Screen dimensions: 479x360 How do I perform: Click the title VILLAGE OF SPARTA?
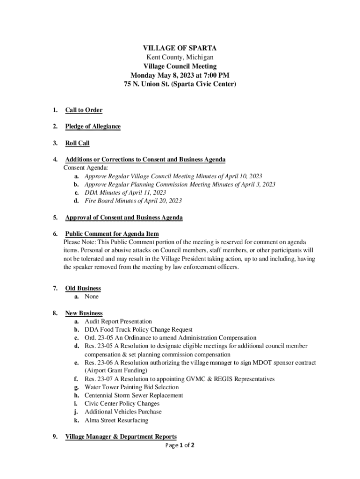(x=180, y=48)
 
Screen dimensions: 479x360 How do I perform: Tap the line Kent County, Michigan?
(x=180, y=57)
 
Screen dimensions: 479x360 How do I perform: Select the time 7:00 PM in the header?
(x=217, y=75)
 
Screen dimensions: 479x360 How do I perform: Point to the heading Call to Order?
(x=84, y=110)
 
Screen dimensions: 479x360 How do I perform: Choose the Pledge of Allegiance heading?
(x=93, y=127)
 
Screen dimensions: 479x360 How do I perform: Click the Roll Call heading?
(x=77, y=143)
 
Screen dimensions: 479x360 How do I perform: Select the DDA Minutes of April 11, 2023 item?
(x=125, y=192)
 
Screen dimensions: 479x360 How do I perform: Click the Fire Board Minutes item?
(x=133, y=201)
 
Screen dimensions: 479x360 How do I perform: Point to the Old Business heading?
(x=83, y=289)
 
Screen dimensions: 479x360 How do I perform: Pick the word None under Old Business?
(x=92, y=297)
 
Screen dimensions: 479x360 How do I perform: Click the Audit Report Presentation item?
(x=118, y=321)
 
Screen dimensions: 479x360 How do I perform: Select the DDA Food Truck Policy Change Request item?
(x=138, y=330)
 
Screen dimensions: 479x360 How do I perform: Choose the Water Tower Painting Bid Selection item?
(x=131, y=387)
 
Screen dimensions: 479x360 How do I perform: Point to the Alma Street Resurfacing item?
(x=116, y=420)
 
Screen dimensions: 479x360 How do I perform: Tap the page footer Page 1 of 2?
(x=180, y=445)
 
